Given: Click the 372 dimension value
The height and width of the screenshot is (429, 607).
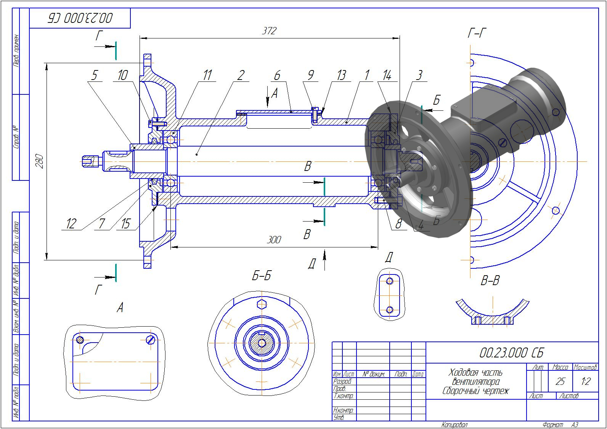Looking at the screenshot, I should pyautogui.click(x=269, y=31).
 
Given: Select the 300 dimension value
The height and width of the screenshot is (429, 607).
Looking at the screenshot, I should pyautogui.click(x=273, y=239).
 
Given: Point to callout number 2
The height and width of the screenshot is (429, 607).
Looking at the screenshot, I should pyautogui.click(x=240, y=75).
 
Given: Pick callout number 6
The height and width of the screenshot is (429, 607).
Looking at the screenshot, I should pyautogui.click(x=277, y=75).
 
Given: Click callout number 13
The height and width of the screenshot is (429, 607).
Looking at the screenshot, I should pyautogui.click(x=341, y=75).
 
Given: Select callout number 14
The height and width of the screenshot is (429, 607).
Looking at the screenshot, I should pyautogui.click(x=387, y=75).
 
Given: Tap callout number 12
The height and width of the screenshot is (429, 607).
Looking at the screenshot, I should pyautogui.click(x=71, y=224).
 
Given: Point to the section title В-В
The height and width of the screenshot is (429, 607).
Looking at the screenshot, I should pyautogui.click(x=490, y=281).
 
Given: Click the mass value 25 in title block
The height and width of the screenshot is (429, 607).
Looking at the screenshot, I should pyautogui.click(x=560, y=381).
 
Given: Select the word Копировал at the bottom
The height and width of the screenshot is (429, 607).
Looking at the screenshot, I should pyautogui.click(x=454, y=425).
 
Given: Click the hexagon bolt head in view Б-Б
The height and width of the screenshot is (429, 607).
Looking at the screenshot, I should pyautogui.click(x=262, y=304).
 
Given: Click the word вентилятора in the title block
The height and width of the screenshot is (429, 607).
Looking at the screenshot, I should pyautogui.click(x=475, y=381).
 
